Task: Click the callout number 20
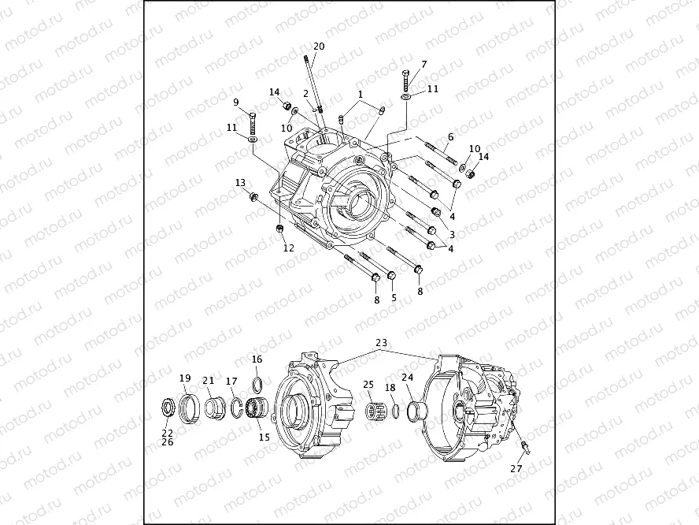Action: point(319,46)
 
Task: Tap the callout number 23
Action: point(382,343)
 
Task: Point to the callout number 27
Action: point(516,468)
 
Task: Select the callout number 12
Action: point(289,248)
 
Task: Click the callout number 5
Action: point(394,297)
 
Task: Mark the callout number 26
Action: point(167,442)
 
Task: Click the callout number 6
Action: point(450,137)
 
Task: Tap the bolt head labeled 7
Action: point(405,73)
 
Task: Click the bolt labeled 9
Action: point(253,124)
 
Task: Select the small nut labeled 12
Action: point(280,229)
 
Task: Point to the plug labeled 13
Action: point(254,195)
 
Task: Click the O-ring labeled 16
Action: point(257,383)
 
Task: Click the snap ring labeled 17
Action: point(236,408)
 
